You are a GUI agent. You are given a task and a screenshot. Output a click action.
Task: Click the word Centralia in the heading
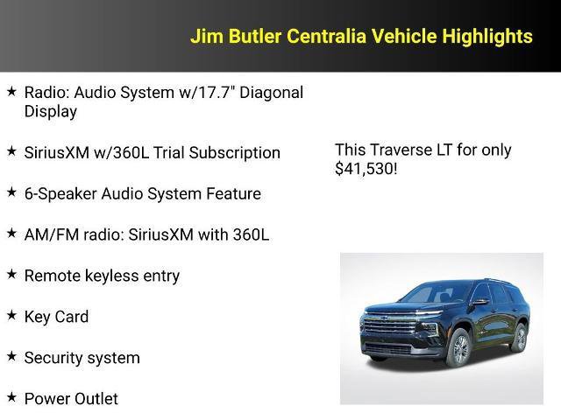click(x=323, y=36)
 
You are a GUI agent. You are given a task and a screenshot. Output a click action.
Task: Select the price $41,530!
click(x=366, y=169)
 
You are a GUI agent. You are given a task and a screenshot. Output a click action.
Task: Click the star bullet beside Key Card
click(x=11, y=315)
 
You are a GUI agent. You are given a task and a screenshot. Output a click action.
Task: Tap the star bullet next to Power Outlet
click(x=11, y=397)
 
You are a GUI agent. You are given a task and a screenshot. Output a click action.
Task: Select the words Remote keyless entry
click(x=102, y=276)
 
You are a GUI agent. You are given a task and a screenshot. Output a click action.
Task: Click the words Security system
click(x=82, y=358)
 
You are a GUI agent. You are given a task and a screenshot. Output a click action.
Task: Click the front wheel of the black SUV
click(x=458, y=349)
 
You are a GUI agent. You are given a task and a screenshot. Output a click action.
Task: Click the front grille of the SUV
click(x=390, y=332)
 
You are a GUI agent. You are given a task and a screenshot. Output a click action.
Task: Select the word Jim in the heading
click(x=204, y=36)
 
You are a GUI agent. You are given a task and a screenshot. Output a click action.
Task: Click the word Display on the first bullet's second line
click(x=51, y=111)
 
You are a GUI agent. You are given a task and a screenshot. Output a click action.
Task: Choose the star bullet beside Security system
click(x=11, y=356)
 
